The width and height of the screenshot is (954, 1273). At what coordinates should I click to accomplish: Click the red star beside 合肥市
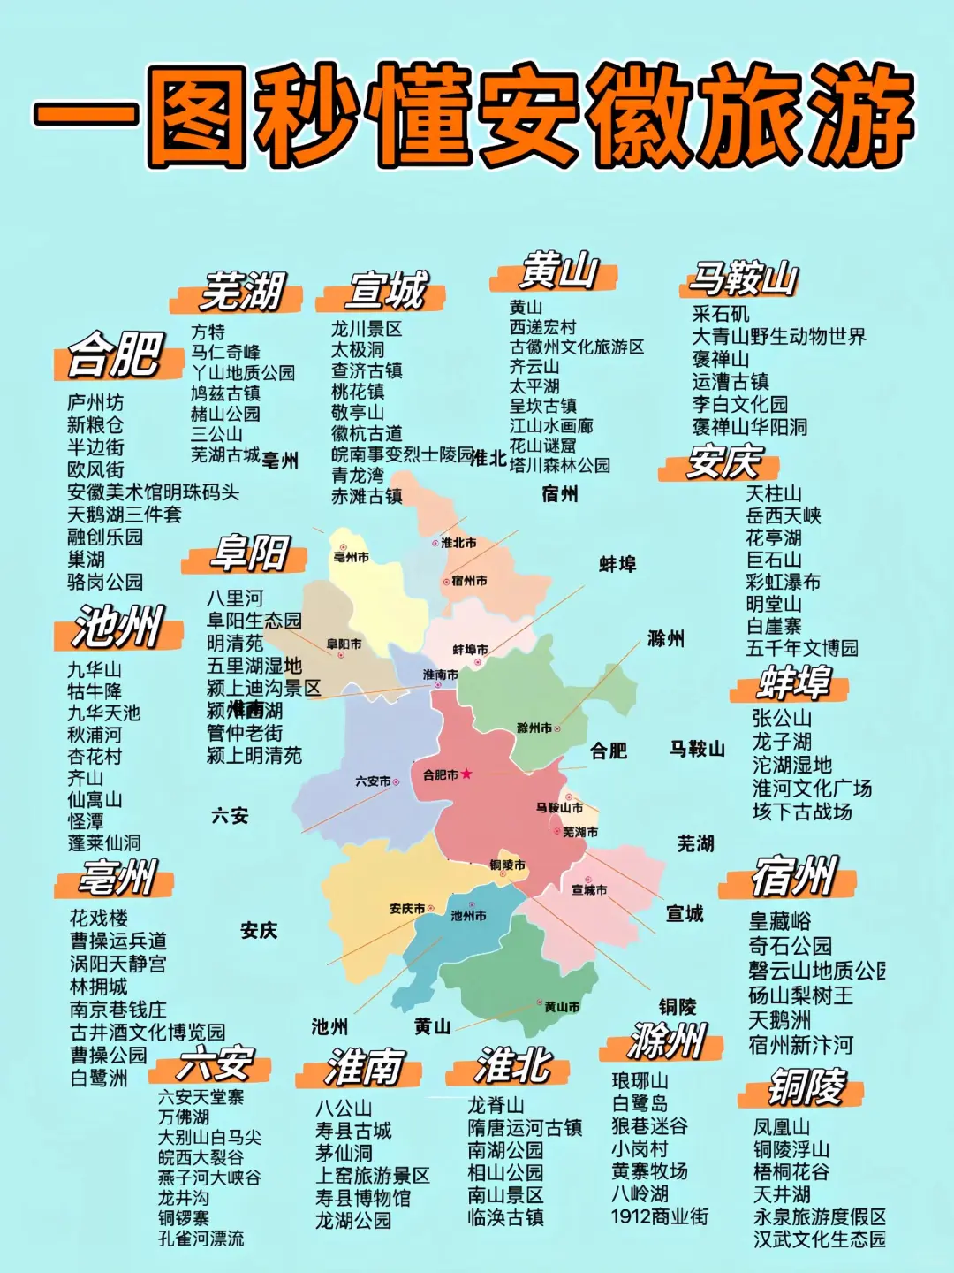point(466,774)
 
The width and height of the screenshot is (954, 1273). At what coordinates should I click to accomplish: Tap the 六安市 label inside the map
point(373,781)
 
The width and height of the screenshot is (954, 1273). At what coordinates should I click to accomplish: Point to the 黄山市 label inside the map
point(562,1006)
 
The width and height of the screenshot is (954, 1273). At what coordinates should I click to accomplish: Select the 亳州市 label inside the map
point(351,557)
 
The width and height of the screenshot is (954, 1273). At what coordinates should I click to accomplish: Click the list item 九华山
point(95,669)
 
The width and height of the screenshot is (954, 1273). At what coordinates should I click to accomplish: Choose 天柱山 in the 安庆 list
point(774,493)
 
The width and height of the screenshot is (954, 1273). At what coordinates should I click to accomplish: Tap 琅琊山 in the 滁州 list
point(640,1081)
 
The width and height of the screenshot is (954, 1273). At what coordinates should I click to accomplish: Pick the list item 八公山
point(344,1108)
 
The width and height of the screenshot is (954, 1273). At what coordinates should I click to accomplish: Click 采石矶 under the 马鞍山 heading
point(720,314)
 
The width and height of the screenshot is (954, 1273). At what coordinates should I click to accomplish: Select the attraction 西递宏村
point(542,327)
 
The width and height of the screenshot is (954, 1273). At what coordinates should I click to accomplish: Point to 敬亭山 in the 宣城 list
point(358,412)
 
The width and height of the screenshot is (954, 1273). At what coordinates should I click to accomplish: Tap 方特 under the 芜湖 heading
point(208,332)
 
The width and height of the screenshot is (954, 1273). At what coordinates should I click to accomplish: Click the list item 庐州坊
point(95,403)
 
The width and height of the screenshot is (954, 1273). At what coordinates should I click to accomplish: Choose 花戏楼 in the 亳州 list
point(99,918)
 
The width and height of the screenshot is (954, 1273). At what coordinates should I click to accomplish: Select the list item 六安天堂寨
point(201,1097)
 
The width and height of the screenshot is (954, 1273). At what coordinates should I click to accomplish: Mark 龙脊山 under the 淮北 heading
point(496,1105)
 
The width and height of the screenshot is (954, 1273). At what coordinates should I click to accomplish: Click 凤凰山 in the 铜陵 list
point(781,1127)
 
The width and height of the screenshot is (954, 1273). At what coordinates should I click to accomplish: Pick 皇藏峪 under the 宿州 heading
point(779,921)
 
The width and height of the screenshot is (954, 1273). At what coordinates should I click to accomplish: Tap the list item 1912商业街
point(659,1216)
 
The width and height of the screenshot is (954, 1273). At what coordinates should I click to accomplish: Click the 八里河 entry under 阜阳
point(235,598)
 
